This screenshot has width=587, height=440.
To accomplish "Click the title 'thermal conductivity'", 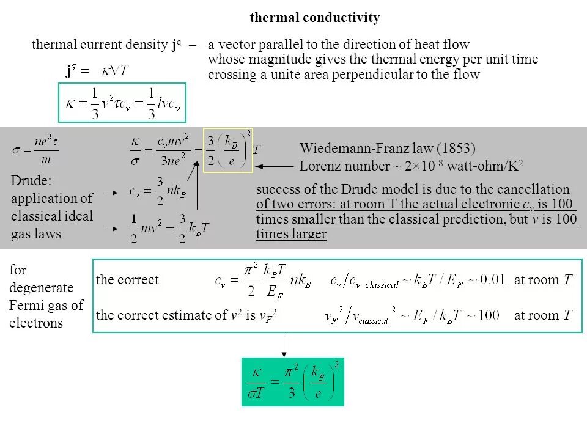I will pos(314,18).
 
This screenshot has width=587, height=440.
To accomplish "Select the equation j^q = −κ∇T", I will pos(97,71).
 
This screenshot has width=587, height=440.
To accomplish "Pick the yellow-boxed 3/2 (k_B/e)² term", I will pos(227,150).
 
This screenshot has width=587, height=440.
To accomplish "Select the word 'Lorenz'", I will pos(320,166).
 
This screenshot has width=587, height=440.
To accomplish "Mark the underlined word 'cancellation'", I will pos(534,189).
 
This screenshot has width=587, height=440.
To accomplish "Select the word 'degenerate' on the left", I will pos(41,287).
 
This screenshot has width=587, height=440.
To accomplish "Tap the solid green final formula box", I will pos(293,382).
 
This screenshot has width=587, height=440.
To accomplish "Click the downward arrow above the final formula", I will pos(284,345).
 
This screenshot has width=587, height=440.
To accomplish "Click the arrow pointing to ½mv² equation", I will pos(110,228).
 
